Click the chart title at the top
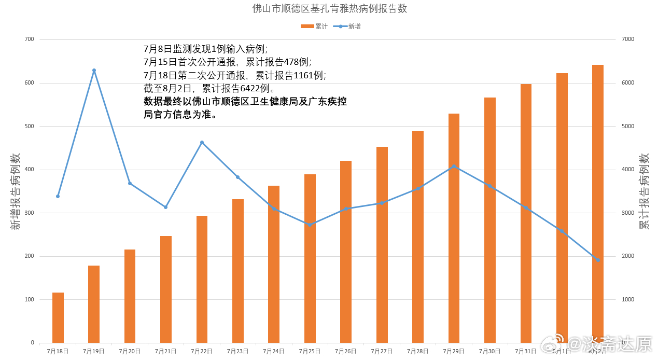click(329, 9)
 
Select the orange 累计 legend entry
click(314, 26)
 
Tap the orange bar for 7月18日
click(58, 317)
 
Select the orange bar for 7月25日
click(310, 258)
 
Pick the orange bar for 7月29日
click(454, 228)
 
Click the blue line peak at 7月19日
click(94, 71)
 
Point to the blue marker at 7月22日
click(202, 142)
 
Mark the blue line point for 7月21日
click(166, 207)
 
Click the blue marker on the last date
click(598, 260)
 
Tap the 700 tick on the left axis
click(29, 39)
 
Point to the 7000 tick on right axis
click(627, 39)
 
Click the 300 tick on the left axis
click(29, 213)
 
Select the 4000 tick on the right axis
click(627, 170)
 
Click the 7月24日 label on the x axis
click(274, 351)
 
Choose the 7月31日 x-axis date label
click(526, 351)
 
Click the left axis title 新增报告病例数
click(16, 191)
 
